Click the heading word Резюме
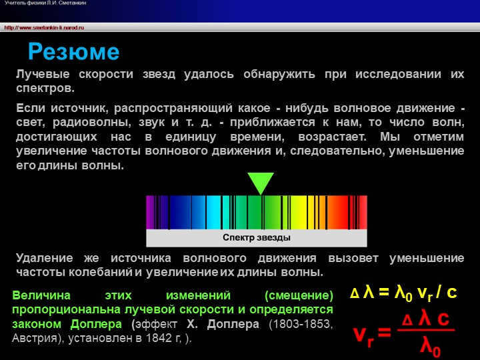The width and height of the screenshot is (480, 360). tap(73, 51)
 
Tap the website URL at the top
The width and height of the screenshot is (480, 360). tap(44, 27)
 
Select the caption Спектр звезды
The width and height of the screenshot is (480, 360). tap(257, 237)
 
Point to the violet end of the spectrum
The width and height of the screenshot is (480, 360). tap(151, 212)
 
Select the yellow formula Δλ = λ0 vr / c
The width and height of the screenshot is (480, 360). tap(403, 292)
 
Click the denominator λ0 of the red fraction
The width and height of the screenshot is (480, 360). tap(429, 345)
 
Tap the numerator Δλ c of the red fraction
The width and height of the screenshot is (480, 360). tap(425, 319)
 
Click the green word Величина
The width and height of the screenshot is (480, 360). tap(39, 295)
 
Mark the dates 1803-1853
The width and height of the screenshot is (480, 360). tap(300, 324)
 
